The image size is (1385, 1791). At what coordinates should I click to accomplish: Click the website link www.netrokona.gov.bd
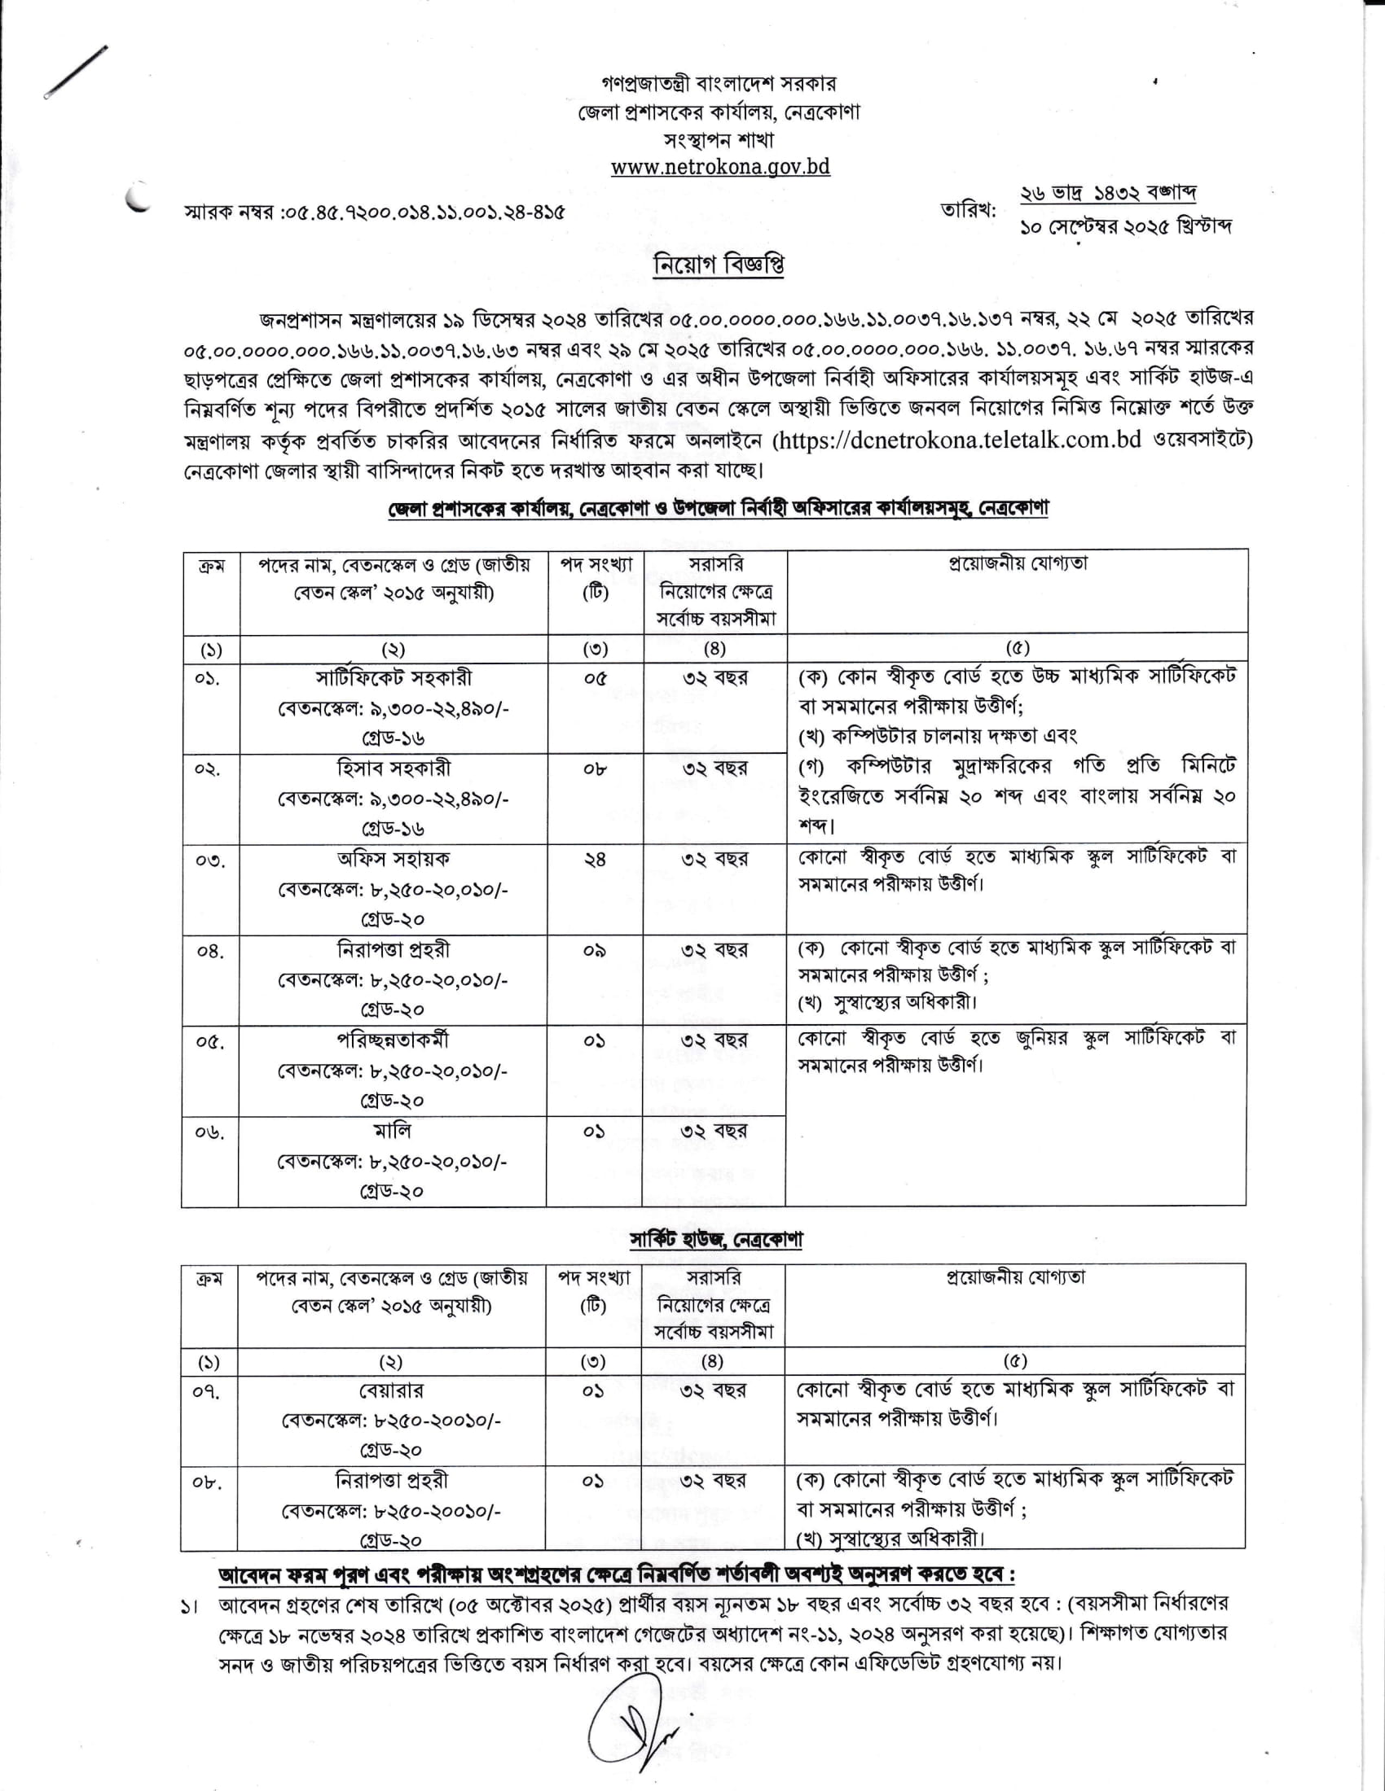click(719, 166)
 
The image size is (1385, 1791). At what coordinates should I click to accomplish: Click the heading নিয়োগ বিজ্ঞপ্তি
click(719, 265)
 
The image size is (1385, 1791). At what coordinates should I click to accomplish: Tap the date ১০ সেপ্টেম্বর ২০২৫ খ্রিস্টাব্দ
click(1125, 226)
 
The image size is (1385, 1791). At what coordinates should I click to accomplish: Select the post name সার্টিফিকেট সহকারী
click(393, 679)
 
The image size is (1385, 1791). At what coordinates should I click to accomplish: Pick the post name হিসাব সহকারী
click(393, 769)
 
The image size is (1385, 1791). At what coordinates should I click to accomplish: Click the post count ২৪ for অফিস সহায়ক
click(595, 860)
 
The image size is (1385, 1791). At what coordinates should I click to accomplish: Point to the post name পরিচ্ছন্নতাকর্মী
click(393, 1040)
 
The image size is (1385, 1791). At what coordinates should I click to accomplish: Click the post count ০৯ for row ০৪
click(595, 950)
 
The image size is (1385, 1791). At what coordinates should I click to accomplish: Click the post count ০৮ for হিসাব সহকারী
click(595, 769)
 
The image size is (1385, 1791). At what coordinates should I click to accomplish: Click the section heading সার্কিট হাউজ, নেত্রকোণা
click(715, 1238)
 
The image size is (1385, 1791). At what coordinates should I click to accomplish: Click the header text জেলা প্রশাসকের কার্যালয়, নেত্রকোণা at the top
click(718, 112)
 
